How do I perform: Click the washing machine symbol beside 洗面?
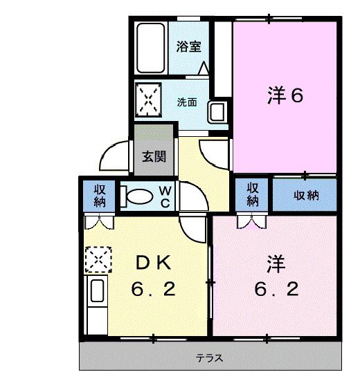[148, 100]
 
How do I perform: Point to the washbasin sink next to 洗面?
[217, 110]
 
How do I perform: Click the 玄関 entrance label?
[154, 156]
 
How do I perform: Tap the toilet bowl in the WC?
[140, 196]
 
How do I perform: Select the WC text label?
[168, 195]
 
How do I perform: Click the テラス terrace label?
[208, 359]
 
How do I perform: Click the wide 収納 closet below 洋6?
[305, 195]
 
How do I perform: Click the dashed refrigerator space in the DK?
[98, 260]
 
